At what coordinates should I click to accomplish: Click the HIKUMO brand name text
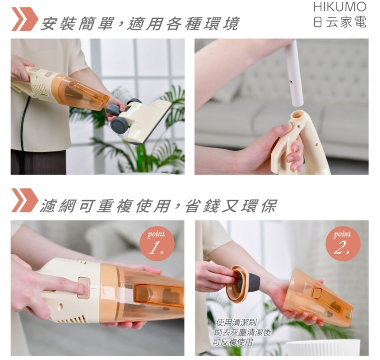[340, 7]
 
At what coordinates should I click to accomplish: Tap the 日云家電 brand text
[340, 22]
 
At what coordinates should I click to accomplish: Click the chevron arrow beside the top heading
[23, 19]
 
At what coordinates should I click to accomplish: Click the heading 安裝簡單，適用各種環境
[140, 23]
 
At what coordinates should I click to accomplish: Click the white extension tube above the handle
[294, 73]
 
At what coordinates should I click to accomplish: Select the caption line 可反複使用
[233, 342]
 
